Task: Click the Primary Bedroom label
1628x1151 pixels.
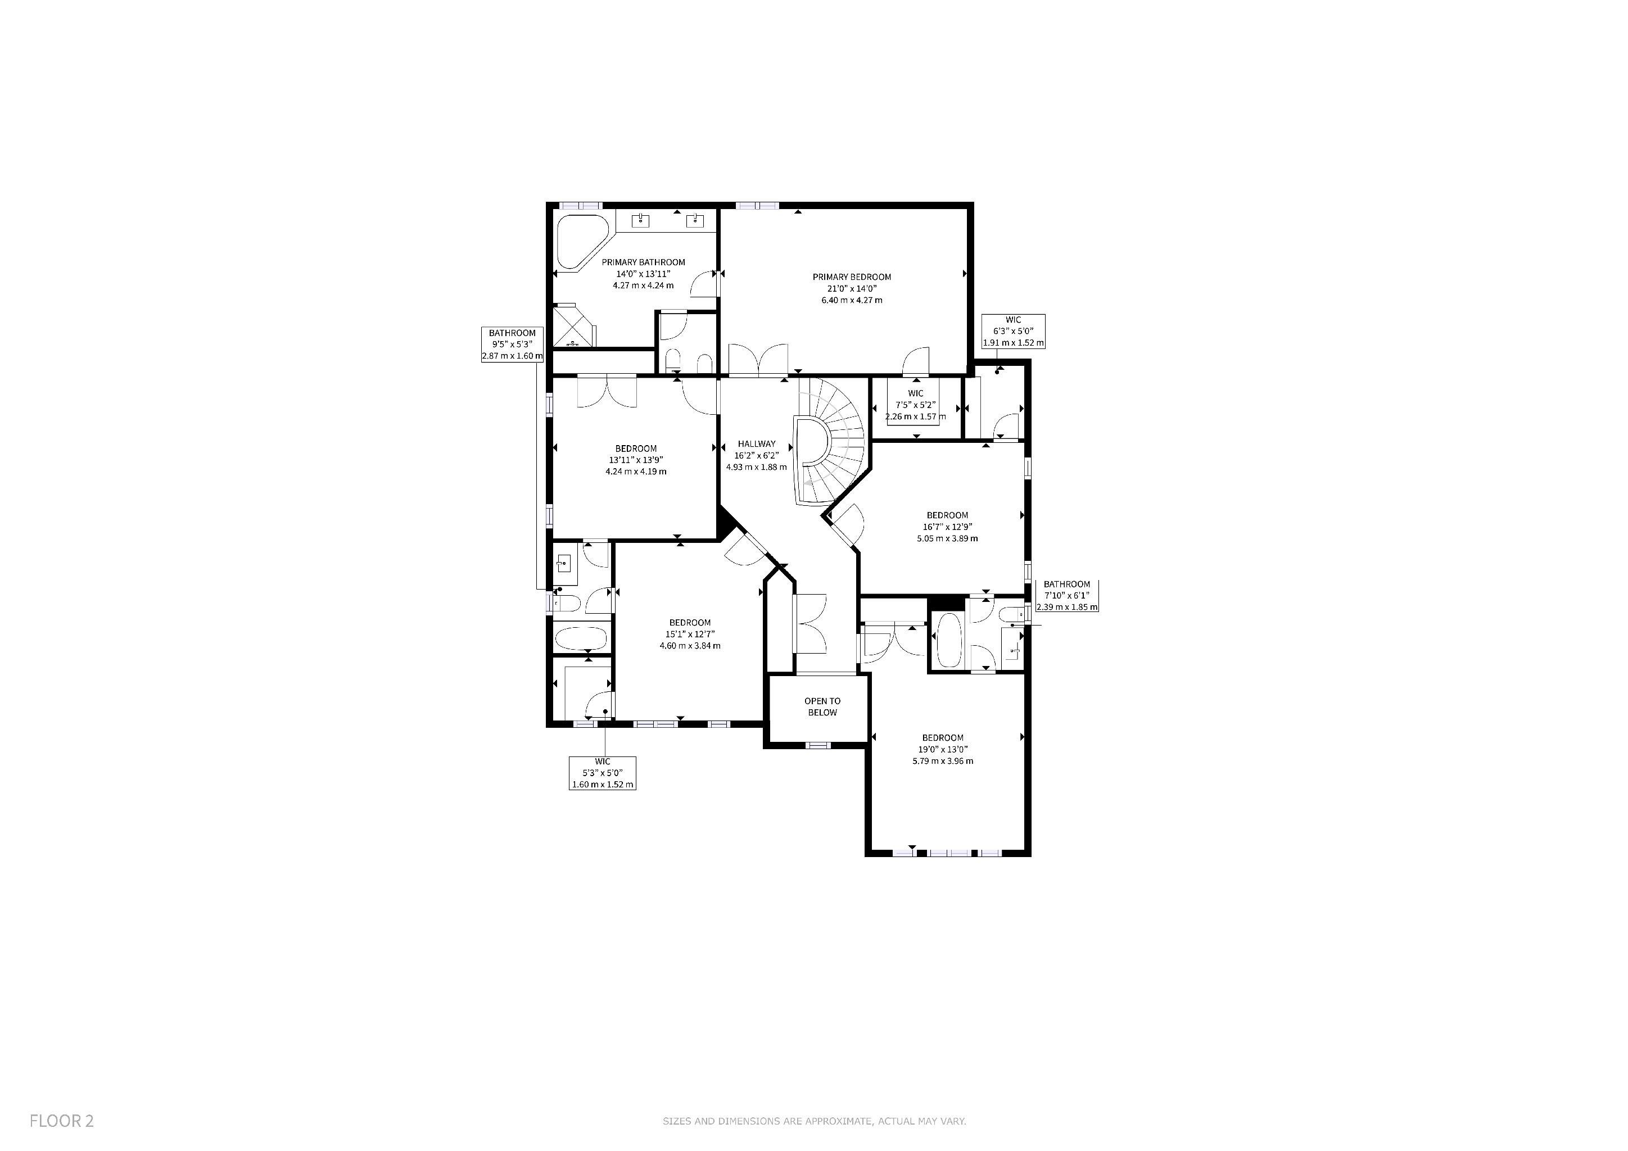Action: tap(852, 277)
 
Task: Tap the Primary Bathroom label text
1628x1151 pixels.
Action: tap(643, 262)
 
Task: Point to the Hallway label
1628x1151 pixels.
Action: tap(757, 443)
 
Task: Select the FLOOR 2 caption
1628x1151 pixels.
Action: tap(62, 1121)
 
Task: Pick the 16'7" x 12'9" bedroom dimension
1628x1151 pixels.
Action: tap(947, 527)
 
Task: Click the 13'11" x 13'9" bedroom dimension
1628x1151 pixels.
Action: tap(635, 460)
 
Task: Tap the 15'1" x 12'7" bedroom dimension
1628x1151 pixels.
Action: tap(690, 635)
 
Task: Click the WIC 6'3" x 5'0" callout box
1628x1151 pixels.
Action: tap(1013, 332)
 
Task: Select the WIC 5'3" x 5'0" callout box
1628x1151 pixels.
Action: tap(603, 773)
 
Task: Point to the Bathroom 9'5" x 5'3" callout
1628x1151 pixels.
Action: tap(512, 345)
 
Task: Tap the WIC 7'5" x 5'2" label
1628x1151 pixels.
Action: tap(915, 405)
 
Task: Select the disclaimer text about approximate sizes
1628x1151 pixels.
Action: tap(814, 1121)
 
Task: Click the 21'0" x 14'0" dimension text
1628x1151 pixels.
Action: tap(852, 288)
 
